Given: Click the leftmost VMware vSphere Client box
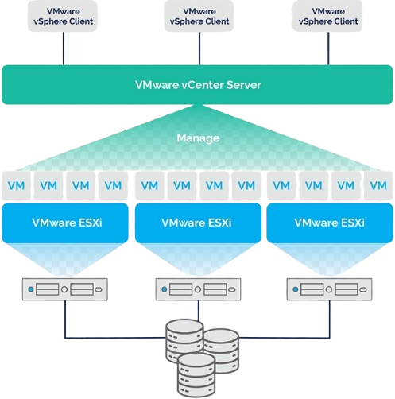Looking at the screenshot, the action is tap(63, 16).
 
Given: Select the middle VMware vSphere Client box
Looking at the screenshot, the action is tap(199, 16).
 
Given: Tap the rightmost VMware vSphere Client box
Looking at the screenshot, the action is tap(327, 16).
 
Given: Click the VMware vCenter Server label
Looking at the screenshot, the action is tap(198, 85).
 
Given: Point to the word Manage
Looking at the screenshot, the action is tap(198, 138).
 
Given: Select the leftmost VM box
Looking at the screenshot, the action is tap(16, 185).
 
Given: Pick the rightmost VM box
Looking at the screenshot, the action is tap(378, 185).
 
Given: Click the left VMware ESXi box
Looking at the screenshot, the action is tap(65, 223).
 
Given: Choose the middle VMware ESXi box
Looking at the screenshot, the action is tap(198, 223).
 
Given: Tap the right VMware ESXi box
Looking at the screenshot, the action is tap(330, 223).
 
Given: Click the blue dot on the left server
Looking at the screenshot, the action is tap(31, 289).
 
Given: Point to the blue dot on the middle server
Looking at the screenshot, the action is tap(165, 289).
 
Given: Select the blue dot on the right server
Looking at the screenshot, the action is tap(296, 289).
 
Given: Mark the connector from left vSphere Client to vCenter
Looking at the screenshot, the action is tap(64, 48).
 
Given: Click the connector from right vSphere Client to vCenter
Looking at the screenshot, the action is tap(328, 48).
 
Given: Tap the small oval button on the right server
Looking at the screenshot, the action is tap(363, 289).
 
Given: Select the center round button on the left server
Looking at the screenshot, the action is tap(64, 289).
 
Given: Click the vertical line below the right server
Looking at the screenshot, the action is tap(330, 320).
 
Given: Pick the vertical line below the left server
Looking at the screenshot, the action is tap(65, 320).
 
